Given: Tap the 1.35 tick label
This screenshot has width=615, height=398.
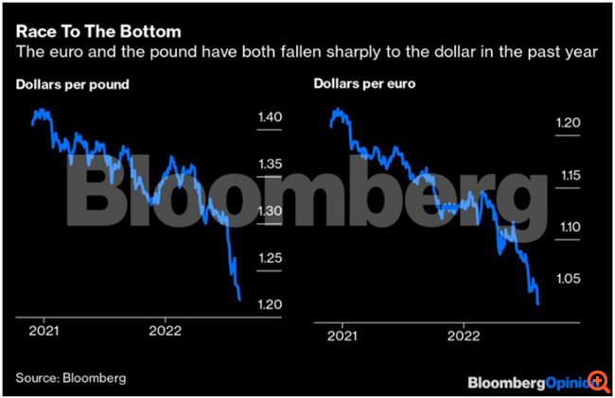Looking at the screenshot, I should [270, 164].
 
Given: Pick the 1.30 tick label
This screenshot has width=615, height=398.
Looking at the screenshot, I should [270, 211].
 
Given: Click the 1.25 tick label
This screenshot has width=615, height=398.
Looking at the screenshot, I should [270, 258].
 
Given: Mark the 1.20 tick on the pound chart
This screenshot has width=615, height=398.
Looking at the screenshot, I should [270, 304].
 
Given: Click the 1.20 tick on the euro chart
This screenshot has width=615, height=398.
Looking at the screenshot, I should [568, 123].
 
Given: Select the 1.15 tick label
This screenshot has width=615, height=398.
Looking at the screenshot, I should [568, 175].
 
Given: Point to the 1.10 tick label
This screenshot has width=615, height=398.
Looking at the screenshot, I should [568, 227].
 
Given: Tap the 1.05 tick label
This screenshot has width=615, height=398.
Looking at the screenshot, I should [568, 279].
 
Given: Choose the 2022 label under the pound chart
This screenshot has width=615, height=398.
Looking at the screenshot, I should [167, 332].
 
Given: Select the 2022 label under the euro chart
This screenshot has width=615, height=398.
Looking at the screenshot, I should [464, 332].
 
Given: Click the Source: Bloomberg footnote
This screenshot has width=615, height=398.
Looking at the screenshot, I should [71, 377].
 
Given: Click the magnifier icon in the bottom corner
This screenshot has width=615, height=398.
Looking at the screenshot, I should [599, 381].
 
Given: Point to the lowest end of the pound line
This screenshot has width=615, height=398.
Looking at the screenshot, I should [239, 300].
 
